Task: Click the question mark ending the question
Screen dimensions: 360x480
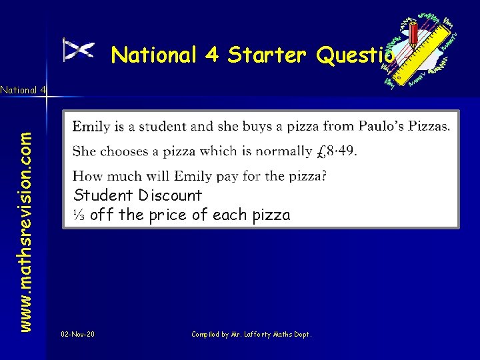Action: click(x=324, y=177)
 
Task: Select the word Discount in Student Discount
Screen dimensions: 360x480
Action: click(x=171, y=195)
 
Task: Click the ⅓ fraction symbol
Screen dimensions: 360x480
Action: click(x=79, y=215)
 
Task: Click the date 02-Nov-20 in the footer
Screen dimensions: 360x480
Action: click(x=77, y=333)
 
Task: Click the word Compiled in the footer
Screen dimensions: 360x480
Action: click(x=205, y=333)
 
